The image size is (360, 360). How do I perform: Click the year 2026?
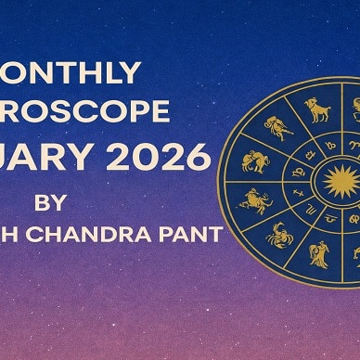(168, 158)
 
